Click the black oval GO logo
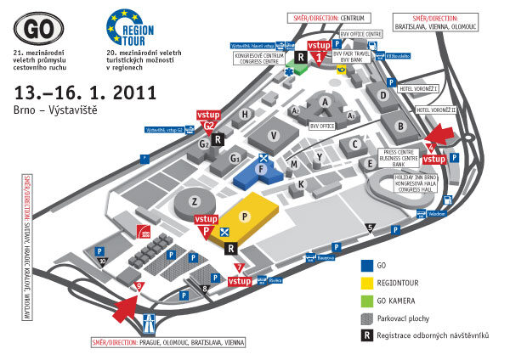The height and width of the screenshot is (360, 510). (39, 25)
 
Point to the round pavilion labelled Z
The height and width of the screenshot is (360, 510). (195, 201)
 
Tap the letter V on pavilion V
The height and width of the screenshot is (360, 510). (274, 135)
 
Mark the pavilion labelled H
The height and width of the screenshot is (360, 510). (245, 114)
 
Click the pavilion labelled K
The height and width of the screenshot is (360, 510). (301, 183)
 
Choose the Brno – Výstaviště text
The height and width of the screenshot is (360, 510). (51, 110)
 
